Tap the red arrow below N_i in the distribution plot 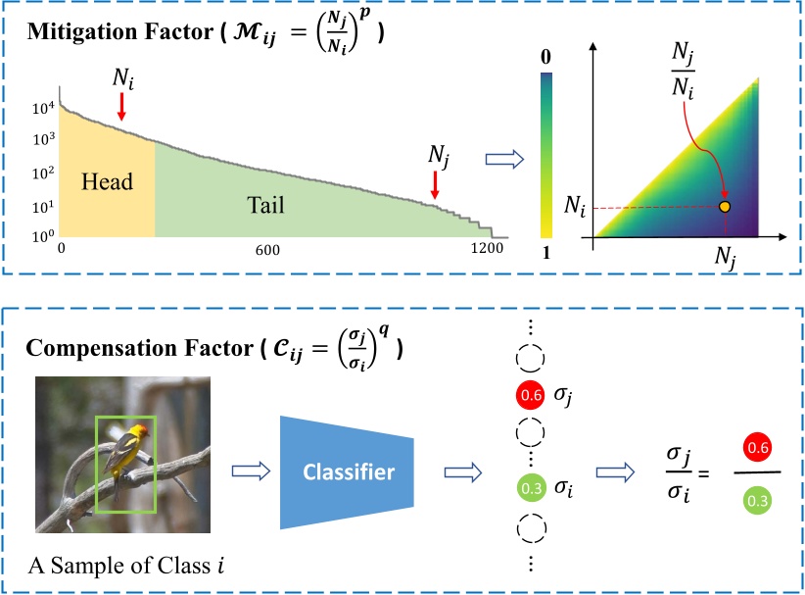coord(121,105)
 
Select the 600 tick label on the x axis coord(267,251)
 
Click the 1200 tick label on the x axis coord(484,251)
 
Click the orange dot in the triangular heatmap coord(725,207)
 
